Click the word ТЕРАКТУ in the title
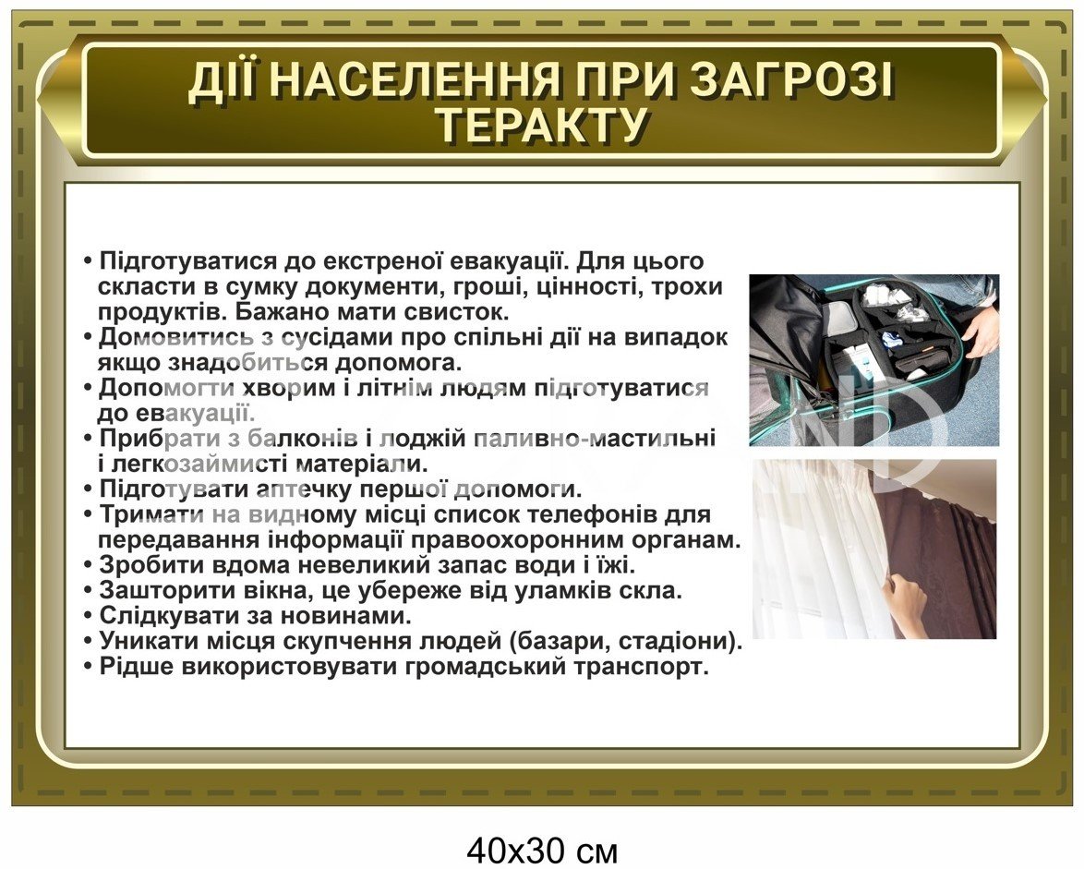543,125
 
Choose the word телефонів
587,515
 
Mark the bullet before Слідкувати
88,615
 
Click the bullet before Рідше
88,667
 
